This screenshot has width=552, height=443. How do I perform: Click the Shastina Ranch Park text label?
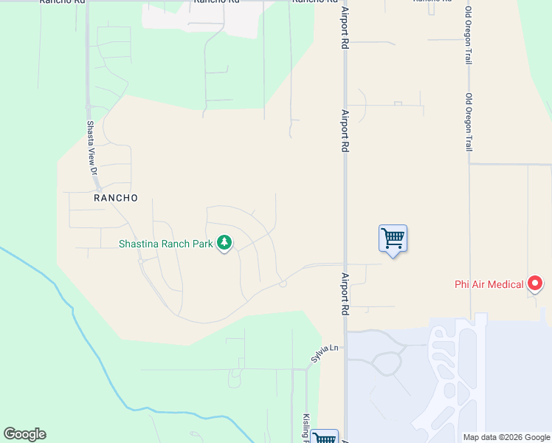[166, 243]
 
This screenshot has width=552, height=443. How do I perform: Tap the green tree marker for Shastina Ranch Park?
[224, 243]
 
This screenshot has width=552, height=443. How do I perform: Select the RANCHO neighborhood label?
[116, 198]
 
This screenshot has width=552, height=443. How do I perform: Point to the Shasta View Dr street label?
[92, 148]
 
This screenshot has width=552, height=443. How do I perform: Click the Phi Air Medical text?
[489, 284]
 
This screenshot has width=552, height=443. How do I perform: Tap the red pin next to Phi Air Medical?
[535, 284]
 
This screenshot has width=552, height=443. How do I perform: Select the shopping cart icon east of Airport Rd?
[393, 238]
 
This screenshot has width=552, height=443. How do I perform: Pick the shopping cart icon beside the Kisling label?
[324, 438]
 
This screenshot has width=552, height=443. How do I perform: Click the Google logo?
[24, 434]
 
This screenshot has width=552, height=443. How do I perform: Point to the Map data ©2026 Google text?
[506, 437]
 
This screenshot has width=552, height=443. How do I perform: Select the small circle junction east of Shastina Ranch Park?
[283, 284]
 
